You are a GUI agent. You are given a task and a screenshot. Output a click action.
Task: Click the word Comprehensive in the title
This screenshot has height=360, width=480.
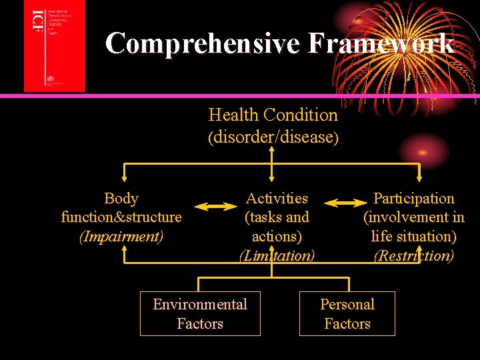coord(203,43)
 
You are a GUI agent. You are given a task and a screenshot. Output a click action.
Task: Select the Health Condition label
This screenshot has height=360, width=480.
coord(273,115)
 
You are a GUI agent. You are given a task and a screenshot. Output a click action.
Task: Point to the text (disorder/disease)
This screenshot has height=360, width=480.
coord(273,137)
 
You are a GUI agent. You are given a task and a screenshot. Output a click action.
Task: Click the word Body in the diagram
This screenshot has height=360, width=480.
coord(121,199)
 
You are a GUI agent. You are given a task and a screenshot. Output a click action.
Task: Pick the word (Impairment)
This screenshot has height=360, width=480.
coord(121,236)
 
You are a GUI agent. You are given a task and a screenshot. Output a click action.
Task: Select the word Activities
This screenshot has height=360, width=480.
coord(277,198)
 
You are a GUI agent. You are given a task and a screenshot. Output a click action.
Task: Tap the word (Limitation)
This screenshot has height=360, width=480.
coord(277,255)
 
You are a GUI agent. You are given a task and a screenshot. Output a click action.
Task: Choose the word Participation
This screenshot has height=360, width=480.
coord(414,198)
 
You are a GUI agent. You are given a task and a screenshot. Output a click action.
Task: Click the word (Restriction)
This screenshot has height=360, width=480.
coord(414,255)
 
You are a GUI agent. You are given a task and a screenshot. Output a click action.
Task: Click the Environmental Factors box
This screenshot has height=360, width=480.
coord(200,313)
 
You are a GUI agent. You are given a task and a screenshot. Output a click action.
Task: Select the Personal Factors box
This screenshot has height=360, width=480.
coord(347,313)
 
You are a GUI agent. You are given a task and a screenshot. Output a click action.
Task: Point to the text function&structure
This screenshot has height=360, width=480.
coord(121,217)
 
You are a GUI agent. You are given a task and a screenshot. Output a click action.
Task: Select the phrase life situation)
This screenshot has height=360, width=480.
coord(414,236)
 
